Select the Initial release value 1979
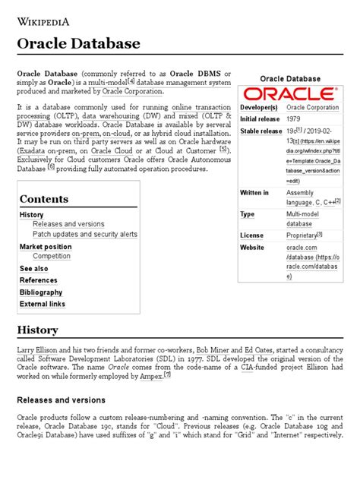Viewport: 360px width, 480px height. (294, 120)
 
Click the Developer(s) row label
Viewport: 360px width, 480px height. (261, 107)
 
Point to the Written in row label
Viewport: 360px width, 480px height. (255, 193)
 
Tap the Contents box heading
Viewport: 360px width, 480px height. (44, 199)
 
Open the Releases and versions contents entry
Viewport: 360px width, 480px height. (69, 225)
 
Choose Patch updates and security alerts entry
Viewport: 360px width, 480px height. (85, 235)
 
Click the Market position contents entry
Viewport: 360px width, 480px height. (46, 247)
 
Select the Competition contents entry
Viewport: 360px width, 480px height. (52, 257)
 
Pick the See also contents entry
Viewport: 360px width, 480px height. (33, 269)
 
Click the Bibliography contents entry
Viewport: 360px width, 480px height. (41, 292)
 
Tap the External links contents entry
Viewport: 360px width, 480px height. (43, 304)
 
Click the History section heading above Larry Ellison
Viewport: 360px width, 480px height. (37, 330)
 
